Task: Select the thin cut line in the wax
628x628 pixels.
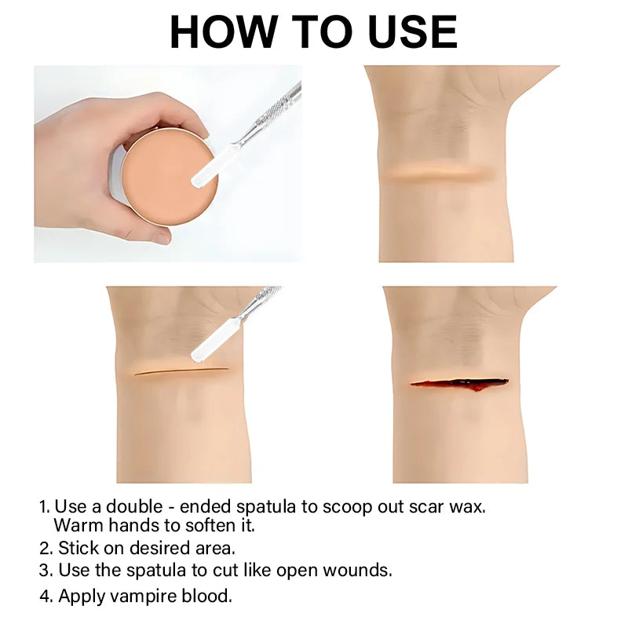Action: (181, 371)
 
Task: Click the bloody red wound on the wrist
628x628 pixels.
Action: (460, 384)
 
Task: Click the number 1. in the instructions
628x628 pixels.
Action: (45, 507)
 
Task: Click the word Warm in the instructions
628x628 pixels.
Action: (78, 525)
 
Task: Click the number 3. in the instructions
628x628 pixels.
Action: (46, 571)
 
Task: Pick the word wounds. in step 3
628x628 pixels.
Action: (358, 571)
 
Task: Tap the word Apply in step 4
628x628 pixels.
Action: (82, 597)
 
